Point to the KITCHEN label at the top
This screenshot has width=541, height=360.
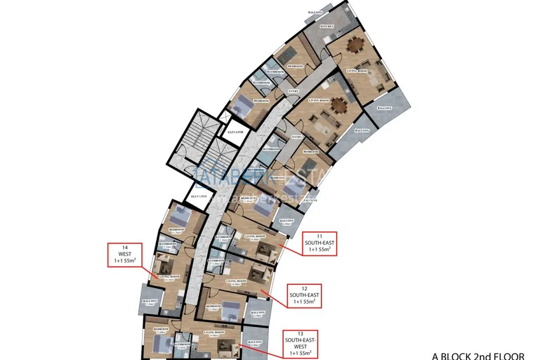327,27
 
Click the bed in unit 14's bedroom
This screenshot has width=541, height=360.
183,215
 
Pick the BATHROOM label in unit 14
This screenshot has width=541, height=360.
167,244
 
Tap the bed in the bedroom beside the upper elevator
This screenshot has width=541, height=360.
241,104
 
